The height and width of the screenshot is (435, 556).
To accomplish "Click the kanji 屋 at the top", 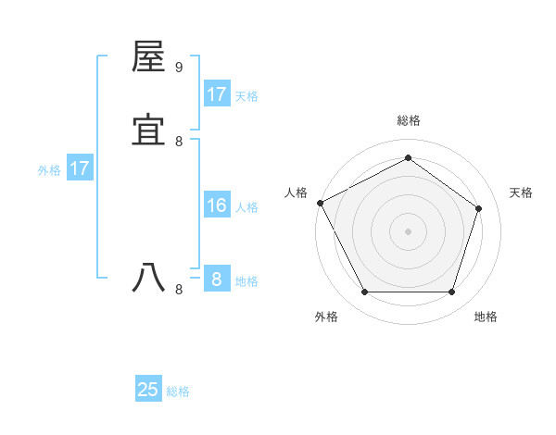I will click(149, 56).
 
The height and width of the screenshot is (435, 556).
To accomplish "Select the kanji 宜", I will click(149, 130).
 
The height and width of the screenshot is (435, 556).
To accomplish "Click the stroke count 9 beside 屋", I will click(179, 67).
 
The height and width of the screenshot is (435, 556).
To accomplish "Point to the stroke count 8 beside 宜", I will click(179, 141).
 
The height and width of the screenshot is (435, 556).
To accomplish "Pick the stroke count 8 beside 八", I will click(179, 289).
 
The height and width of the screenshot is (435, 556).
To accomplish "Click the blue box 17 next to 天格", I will click(216, 94).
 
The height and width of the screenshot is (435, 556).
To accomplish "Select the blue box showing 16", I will click(216, 205).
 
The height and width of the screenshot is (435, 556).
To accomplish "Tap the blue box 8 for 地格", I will click(216, 279).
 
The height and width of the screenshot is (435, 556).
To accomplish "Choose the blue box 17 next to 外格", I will click(79, 168).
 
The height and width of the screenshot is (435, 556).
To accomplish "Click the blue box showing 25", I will click(148, 390).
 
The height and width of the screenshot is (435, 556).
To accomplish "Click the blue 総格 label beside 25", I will click(178, 391).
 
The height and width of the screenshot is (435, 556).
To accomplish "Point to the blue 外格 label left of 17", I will click(49, 170).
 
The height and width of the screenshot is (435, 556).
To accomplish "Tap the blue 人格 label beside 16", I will click(246, 207).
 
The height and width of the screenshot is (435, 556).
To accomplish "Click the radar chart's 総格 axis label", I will click(409, 120).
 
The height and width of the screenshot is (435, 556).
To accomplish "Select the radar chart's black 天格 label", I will click(522, 193).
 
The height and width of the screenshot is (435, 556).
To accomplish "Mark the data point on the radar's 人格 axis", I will click(320, 203).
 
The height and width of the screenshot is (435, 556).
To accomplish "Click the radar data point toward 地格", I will click(451, 292).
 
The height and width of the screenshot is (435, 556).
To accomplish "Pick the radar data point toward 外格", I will click(364, 292).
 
